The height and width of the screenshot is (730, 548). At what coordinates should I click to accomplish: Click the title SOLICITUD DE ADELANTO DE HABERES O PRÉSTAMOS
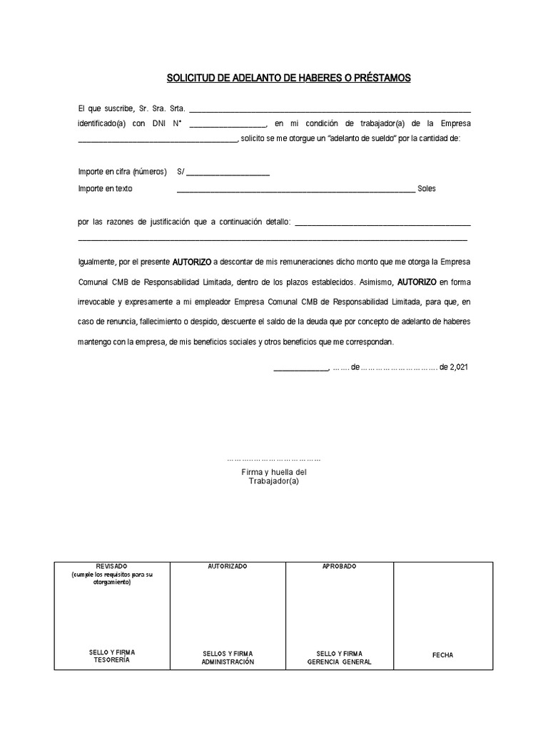pos(288,78)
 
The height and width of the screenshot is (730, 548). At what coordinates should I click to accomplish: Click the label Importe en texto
pos(105,189)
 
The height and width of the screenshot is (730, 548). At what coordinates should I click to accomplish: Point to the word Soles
pos(427,189)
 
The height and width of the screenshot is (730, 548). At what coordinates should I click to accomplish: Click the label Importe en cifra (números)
pos(122,172)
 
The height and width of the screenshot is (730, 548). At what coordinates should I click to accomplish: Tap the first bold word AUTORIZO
pos(192,262)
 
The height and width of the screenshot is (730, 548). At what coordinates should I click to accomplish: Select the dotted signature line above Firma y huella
pos(274,460)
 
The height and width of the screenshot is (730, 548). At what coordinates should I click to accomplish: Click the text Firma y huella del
pos(274,472)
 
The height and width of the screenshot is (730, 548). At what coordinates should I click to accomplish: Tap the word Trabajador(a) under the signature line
pos(274,481)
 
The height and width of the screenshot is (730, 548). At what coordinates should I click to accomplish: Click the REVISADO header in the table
pos(112,566)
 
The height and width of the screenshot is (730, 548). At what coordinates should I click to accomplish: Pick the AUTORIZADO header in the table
pos(228,566)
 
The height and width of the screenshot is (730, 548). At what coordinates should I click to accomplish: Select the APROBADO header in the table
pos(340,566)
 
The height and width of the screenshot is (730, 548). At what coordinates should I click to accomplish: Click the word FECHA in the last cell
pos(442,655)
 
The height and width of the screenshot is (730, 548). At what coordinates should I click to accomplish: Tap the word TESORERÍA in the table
pos(112,660)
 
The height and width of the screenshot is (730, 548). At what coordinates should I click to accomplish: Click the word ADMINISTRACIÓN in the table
pos(228,662)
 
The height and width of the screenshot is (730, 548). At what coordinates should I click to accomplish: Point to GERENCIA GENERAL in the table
pos(340,662)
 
